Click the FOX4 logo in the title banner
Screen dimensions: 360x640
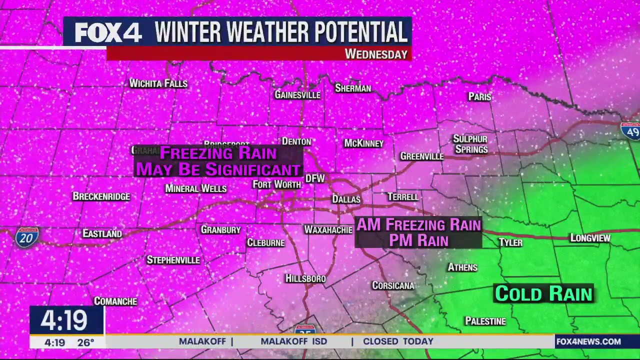(x=108, y=33)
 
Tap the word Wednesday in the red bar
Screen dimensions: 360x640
(x=376, y=54)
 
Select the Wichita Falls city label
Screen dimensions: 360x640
(x=158, y=83)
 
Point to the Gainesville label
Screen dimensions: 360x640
(x=297, y=95)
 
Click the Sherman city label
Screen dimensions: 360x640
(x=353, y=88)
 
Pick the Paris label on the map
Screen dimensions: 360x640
(x=479, y=97)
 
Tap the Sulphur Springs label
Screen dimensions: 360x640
(x=470, y=144)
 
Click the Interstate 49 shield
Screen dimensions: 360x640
(x=630, y=130)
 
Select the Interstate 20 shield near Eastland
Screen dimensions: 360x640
(x=26, y=237)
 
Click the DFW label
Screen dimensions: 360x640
(x=315, y=178)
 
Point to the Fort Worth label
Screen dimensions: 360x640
(x=276, y=184)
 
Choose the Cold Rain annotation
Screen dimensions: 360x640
(x=543, y=294)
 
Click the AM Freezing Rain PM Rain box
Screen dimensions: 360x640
(x=418, y=232)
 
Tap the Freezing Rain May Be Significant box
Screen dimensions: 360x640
(x=218, y=161)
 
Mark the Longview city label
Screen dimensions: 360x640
(x=590, y=238)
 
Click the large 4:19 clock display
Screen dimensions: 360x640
(x=64, y=320)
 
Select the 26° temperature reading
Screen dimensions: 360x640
(x=85, y=342)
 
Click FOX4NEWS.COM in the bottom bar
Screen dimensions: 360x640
(x=588, y=341)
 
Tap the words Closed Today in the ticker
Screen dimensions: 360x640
(x=398, y=341)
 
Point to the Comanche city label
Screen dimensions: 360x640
(x=115, y=301)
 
